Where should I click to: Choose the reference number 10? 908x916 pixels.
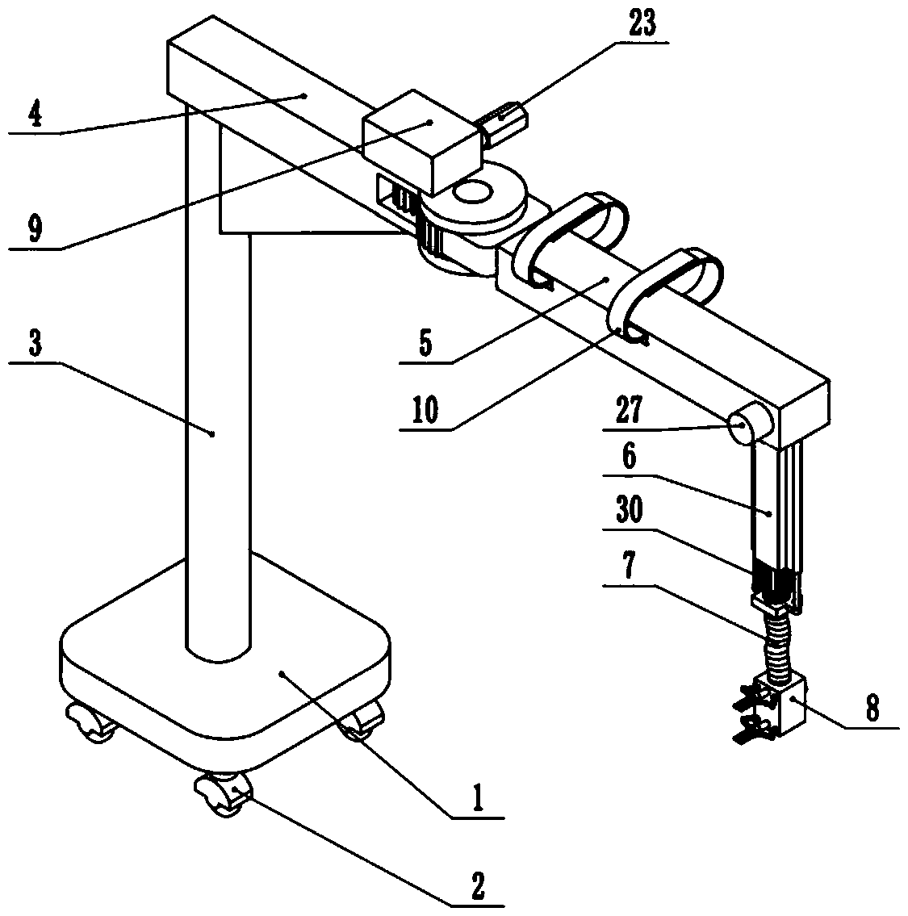pyautogui.click(x=425, y=411)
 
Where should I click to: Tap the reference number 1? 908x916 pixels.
pyautogui.click(x=477, y=799)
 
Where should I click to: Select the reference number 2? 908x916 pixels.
pyautogui.click(x=477, y=886)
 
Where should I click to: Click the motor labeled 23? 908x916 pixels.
pyautogui.click(x=502, y=121)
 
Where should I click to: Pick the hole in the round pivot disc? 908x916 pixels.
pyautogui.click(x=473, y=194)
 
